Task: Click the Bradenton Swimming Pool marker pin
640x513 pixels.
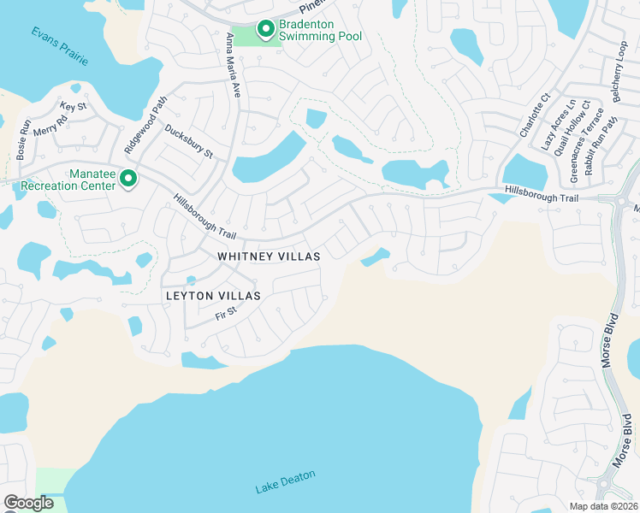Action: pos(265,30)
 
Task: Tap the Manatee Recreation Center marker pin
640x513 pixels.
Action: pos(128,179)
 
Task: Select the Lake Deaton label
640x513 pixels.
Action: pos(285,482)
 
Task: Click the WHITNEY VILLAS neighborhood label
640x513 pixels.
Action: pos(269,256)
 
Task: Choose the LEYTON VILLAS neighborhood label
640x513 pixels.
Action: pos(213,295)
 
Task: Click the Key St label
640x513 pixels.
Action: pos(74,107)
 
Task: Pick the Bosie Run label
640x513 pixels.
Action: pos(23,139)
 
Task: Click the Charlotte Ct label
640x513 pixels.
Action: pos(532,120)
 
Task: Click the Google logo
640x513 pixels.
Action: pos(29,503)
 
